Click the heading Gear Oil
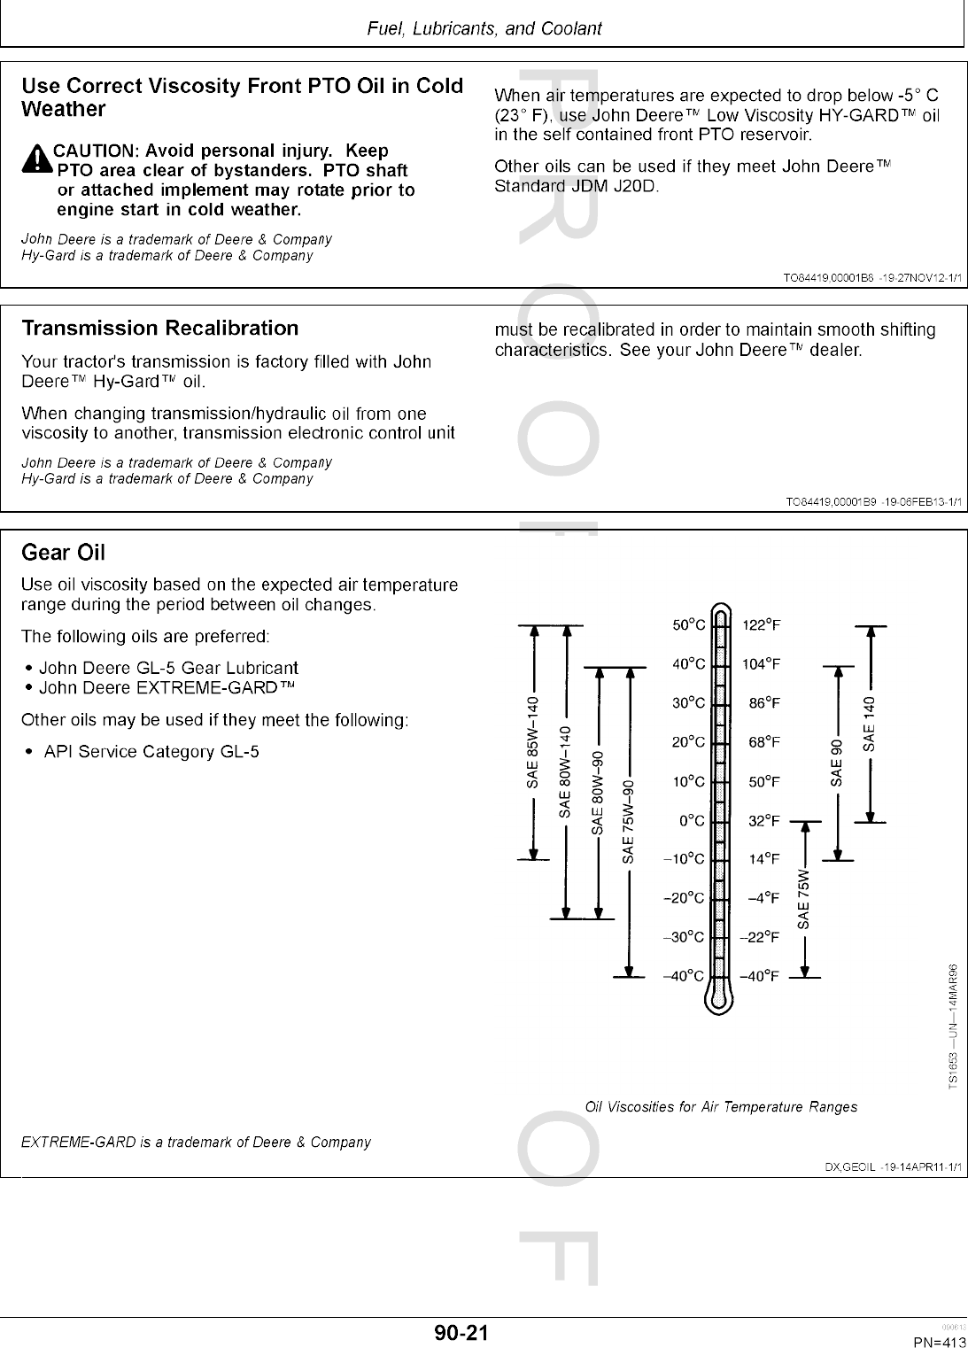(x=63, y=553)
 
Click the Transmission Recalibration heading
(x=160, y=329)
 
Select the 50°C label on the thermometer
(x=688, y=625)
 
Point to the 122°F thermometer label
(x=761, y=625)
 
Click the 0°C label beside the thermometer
(x=692, y=821)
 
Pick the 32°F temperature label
(x=763, y=821)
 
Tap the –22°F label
(x=760, y=937)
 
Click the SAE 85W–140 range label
(x=532, y=742)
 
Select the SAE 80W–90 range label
(x=598, y=793)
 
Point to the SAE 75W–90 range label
(x=629, y=821)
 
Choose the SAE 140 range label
(x=870, y=721)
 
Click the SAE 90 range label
(x=837, y=760)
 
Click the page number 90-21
(x=461, y=1332)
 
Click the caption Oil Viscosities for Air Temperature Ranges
(x=721, y=1106)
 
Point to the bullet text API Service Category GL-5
(x=151, y=752)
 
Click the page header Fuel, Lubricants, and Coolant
(x=484, y=28)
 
